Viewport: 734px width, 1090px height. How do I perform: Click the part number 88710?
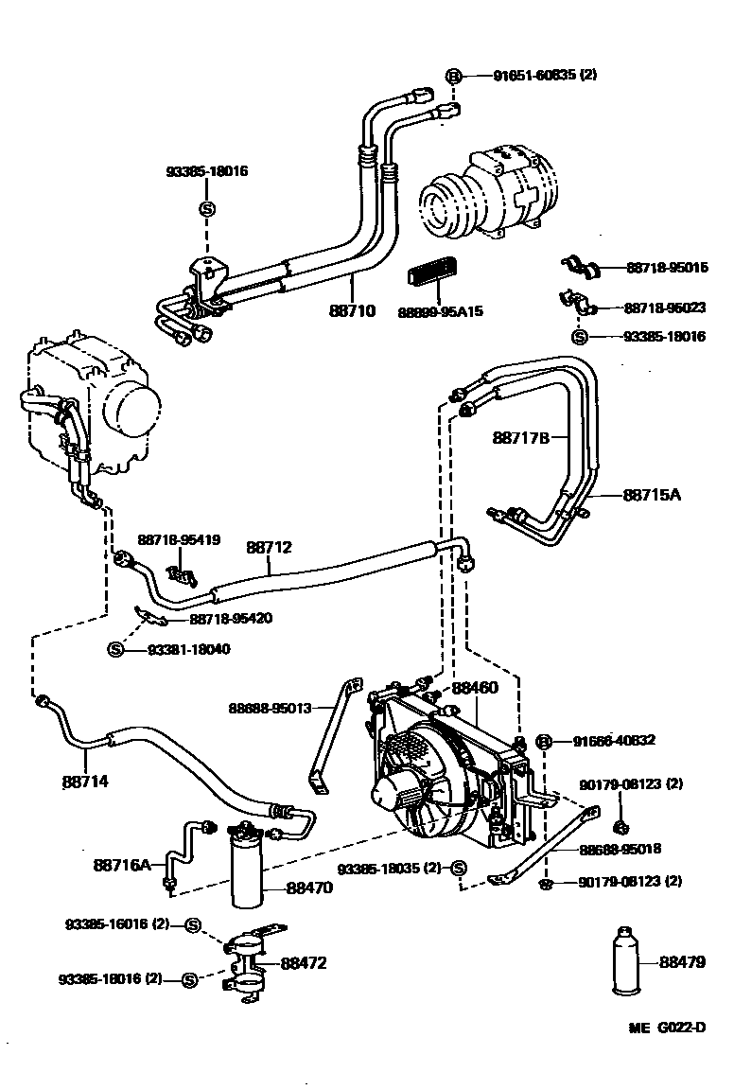353,310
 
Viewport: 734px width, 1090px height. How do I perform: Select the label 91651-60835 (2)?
544,75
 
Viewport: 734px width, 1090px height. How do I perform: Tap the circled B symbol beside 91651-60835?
453,75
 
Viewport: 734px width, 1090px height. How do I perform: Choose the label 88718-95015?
667,268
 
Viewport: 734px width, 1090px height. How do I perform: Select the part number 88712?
270,547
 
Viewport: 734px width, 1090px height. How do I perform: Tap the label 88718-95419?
179,540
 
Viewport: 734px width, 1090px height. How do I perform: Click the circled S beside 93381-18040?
115,649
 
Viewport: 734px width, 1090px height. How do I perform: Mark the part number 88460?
474,689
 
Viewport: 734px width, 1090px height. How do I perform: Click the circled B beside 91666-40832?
544,741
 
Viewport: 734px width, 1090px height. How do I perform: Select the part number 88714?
85,782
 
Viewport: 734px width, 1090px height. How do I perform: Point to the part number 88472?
304,963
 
